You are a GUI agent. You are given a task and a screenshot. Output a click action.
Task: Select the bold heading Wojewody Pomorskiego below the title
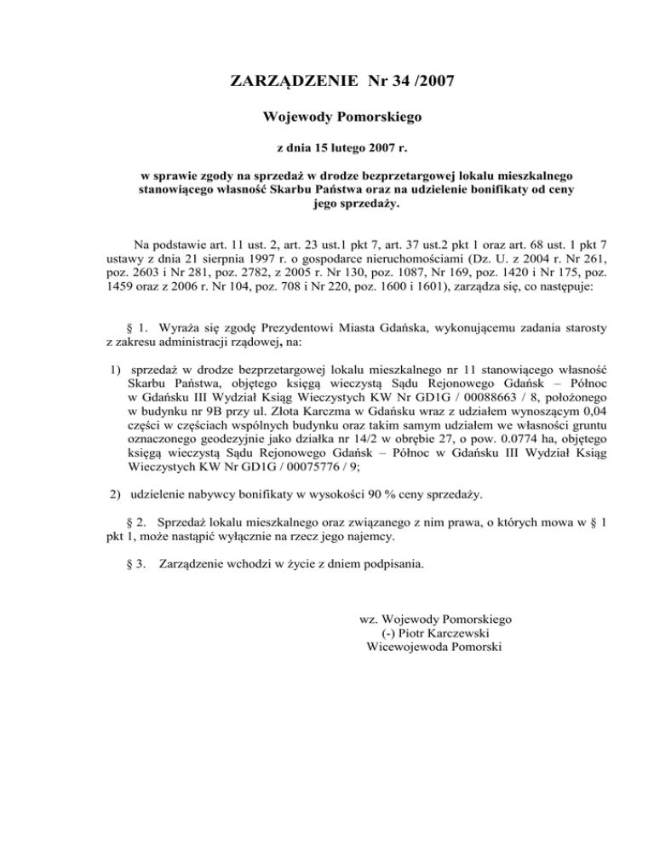click(327, 115)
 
